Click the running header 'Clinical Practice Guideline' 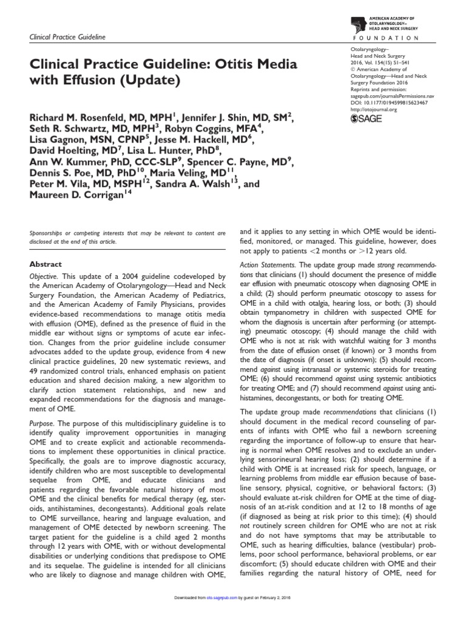(x=67, y=38)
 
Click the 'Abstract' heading (x=46, y=264)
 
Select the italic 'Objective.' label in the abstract (x=46, y=277)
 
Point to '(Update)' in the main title (x=155, y=79)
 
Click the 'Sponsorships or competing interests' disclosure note (x=127, y=237)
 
